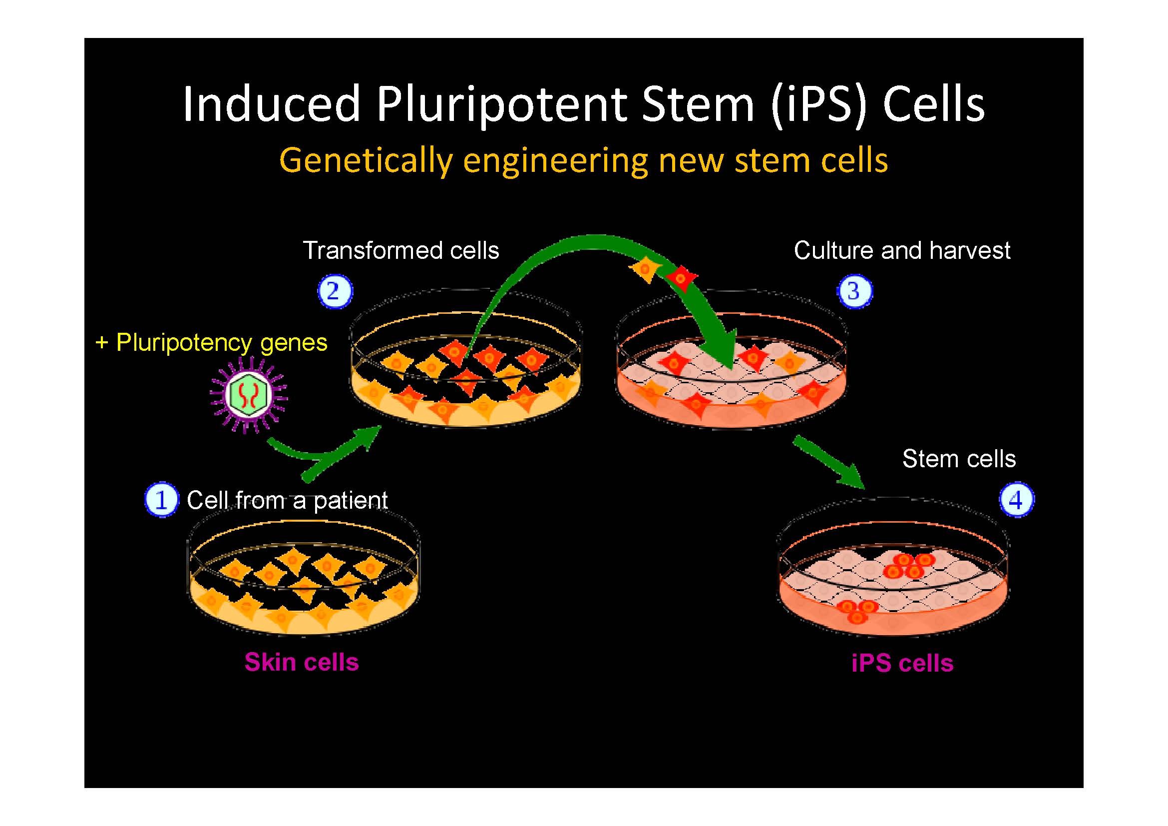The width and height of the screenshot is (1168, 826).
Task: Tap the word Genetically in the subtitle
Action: tap(365, 160)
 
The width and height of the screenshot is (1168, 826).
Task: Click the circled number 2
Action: tap(334, 292)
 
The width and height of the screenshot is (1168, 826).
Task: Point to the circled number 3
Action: tap(854, 292)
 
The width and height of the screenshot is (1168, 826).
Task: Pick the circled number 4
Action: tap(1016, 500)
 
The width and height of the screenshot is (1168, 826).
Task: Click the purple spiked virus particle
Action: tap(248, 395)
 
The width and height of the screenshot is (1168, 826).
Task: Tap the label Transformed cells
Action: tap(401, 250)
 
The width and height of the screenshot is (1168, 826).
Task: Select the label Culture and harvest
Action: tap(902, 250)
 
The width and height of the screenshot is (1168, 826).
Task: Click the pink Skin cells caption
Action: tap(301, 662)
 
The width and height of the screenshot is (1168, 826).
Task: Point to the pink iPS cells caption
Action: tap(902, 663)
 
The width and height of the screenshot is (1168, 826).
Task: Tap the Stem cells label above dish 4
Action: tap(959, 459)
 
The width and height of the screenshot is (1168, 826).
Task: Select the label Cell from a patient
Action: tap(287, 500)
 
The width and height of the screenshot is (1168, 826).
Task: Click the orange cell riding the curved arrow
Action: tap(645, 268)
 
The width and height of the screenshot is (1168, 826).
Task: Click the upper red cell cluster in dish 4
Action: tap(908, 566)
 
